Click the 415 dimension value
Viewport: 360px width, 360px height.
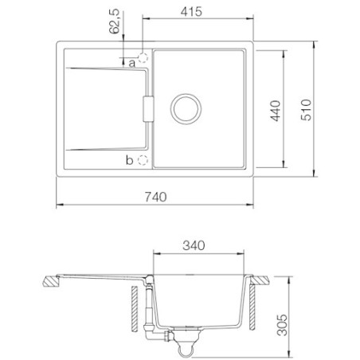[x=191, y=12]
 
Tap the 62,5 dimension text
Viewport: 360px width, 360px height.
[x=115, y=22]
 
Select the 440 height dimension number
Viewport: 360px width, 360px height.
[x=276, y=111]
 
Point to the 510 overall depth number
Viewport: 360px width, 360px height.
[x=306, y=110]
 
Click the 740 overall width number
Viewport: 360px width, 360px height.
[x=156, y=197]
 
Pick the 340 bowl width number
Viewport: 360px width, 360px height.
[x=194, y=245]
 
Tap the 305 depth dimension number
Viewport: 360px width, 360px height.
[x=282, y=325]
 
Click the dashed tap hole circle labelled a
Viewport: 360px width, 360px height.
[x=143, y=57]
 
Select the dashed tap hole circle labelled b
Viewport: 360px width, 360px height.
[x=143, y=160]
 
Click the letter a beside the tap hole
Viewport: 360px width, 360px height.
[x=132, y=64]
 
